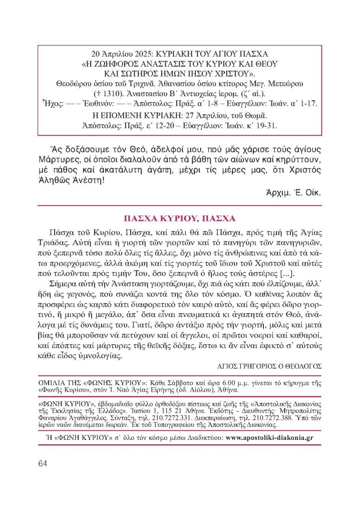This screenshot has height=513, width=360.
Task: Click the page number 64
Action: click(x=43, y=463)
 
